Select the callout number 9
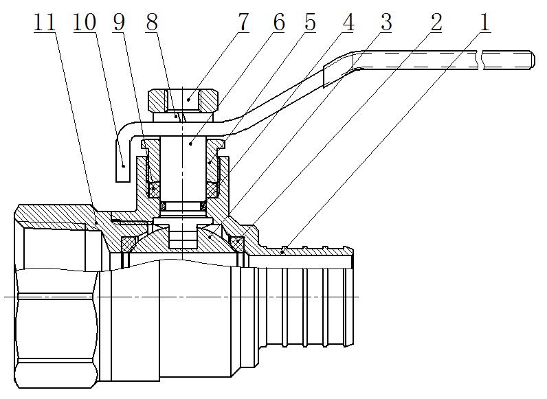pos(120,22)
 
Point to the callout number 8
pos(153,22)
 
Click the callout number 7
pos(242,22)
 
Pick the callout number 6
pos(278,22)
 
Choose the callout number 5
pos(310,22)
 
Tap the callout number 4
pos(348,22)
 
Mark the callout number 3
pos(385,22)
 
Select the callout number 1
pos(485,22)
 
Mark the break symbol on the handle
pos(484,60)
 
